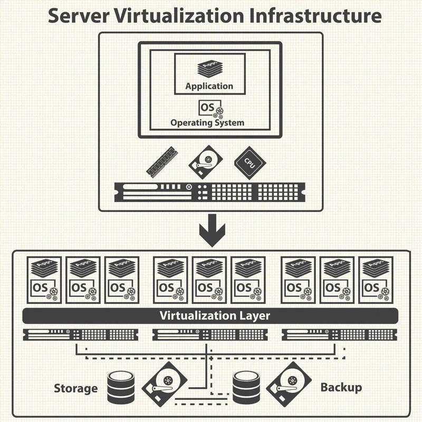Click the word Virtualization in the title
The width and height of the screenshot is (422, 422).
pos(179,16)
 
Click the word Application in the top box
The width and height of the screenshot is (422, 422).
pos(209,86)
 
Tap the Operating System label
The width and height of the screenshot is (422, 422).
pos(207,123)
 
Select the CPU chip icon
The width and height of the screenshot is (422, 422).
pos(250,163)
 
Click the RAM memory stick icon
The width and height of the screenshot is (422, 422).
pos(162,162)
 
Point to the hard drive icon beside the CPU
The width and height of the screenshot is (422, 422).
pos(206,162)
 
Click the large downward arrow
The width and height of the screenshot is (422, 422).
pos(212,231)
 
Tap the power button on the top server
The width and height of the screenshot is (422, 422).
pos(189,187)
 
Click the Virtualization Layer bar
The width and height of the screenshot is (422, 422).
pos(210,316)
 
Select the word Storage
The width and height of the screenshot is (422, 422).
pos(75,388)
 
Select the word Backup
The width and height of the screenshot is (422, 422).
pos(341,388)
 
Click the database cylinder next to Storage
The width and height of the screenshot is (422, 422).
pos(121,387)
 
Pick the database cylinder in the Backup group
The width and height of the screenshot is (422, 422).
pos(246,387)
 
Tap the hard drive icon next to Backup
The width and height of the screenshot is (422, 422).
pos(289,385)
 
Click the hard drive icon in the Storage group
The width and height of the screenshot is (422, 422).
pos(165,385)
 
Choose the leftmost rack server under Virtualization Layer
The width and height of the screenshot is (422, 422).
pos(81,334)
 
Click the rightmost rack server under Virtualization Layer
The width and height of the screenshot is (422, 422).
pos(339,334)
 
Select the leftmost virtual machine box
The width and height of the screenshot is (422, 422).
pos(44,280)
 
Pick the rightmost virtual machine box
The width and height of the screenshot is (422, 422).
pos(376,280)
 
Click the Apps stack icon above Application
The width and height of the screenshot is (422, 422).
pos(210,69)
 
